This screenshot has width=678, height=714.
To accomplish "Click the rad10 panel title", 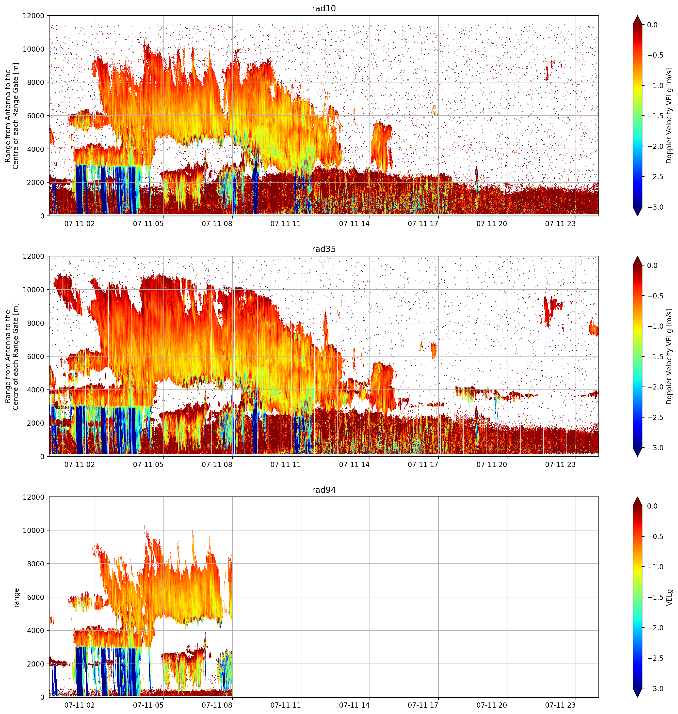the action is [x=323, y=8].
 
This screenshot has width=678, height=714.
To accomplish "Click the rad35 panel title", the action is [x=323, y=249].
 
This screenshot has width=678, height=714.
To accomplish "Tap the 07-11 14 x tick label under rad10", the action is [x=354, y=224].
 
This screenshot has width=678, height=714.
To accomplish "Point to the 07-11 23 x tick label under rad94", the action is [x=560, y=705].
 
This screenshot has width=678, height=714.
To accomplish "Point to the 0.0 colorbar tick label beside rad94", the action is [x=652, y=506].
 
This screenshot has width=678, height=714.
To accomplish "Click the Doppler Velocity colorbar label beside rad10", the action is [x=669, y=116].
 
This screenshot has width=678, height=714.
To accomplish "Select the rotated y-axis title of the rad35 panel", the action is [x=12, y=357].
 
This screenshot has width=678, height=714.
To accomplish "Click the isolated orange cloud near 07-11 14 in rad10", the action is [x=382, y=146].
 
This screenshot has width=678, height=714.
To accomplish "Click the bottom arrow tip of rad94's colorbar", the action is [x=638, y=697].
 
